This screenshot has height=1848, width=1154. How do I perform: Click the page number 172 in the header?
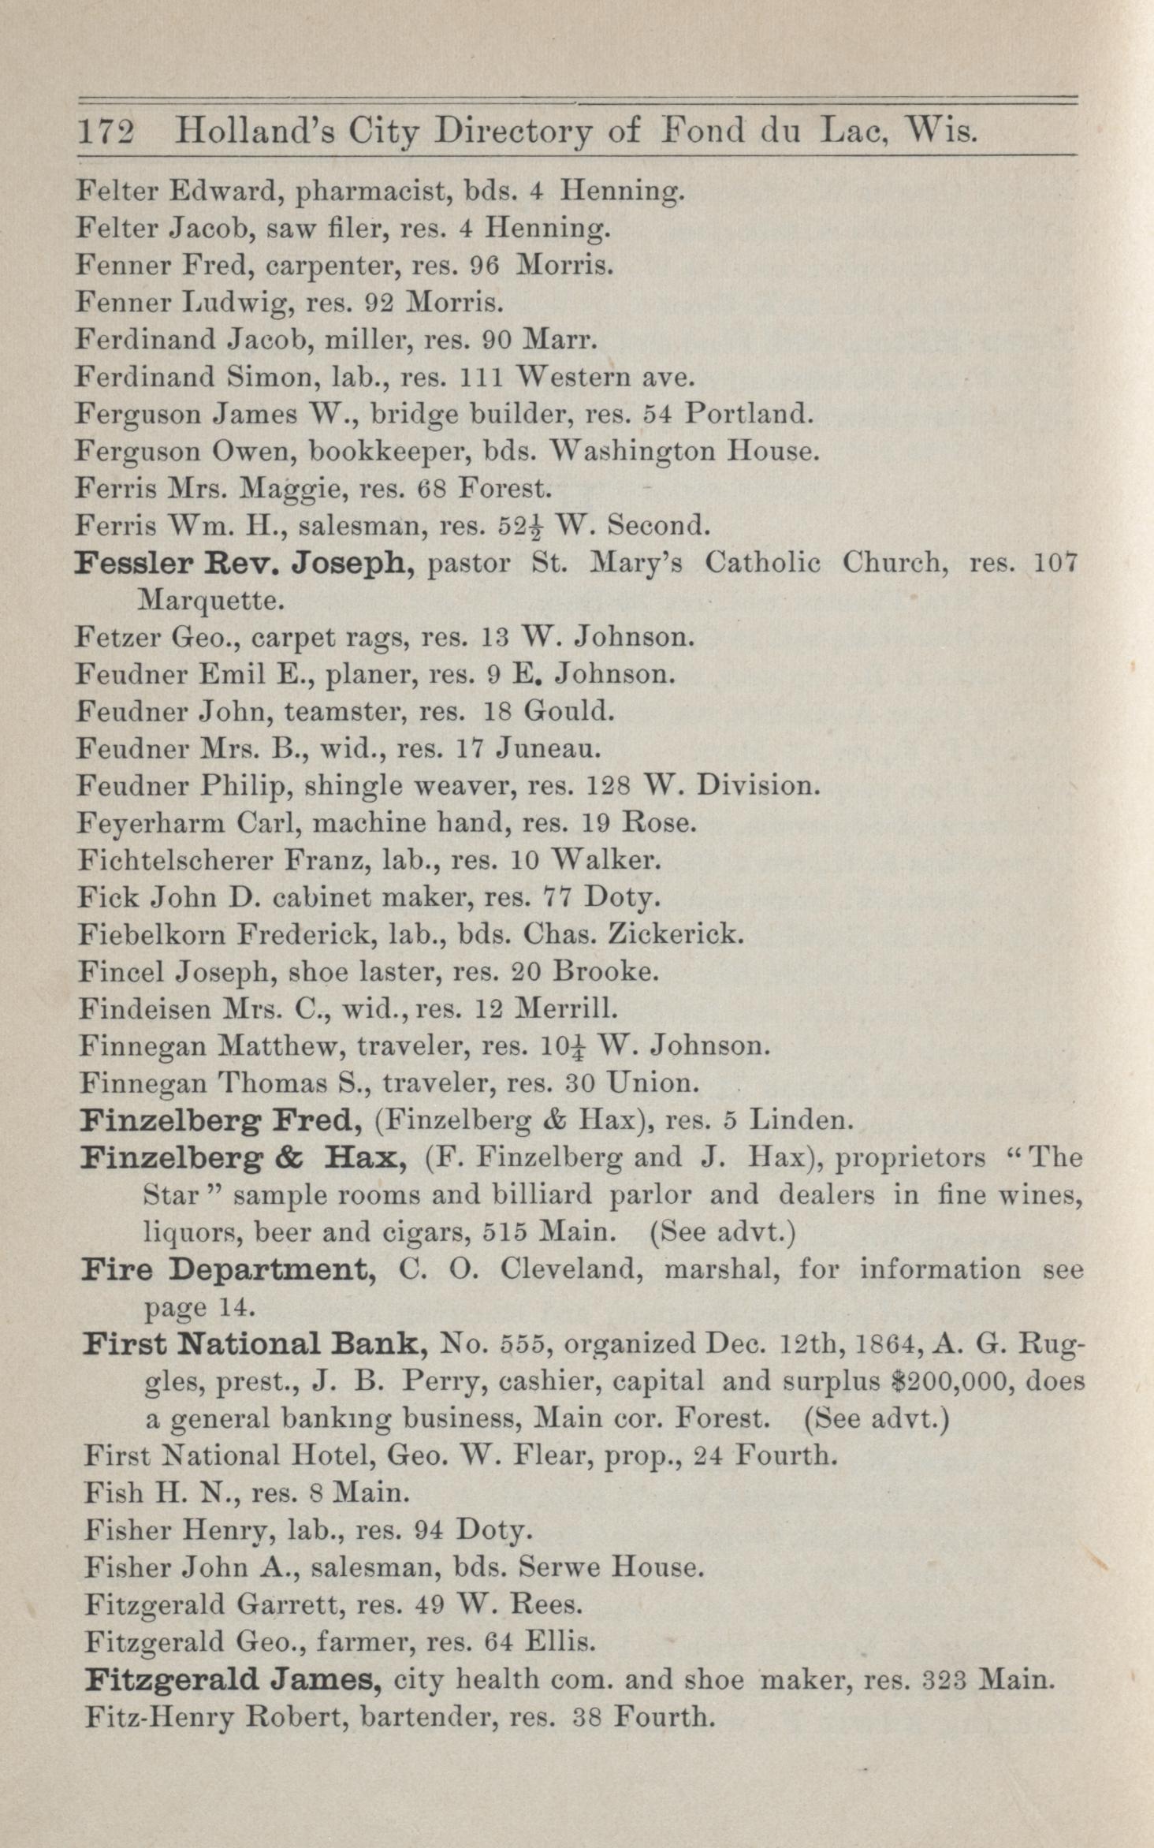tap(105, 131)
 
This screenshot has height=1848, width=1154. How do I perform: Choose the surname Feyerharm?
tap(150, 823)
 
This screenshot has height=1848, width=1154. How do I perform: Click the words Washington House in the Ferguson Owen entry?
tap(684, 452)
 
